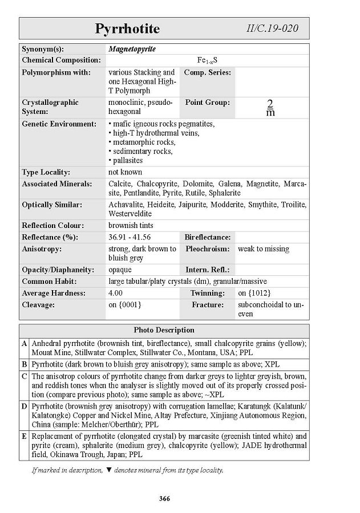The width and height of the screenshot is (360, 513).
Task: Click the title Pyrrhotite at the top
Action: (127, 28)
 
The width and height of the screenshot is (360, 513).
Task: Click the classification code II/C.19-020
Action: (272, 28)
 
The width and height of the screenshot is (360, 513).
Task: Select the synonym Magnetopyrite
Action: (132, 49)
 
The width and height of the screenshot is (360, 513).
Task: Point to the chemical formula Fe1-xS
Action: (207, 60)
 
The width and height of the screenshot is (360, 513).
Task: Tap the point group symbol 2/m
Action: (270, 107)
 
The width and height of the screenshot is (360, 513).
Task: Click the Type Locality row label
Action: (46, 172)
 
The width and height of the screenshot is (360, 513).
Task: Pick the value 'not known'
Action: (126, 172)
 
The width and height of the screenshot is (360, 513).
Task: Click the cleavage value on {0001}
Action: (125, 305)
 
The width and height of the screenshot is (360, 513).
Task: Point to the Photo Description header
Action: (164, 330)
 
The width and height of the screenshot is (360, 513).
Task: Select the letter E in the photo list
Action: (24, 437)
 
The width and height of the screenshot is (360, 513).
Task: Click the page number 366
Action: (164, 499)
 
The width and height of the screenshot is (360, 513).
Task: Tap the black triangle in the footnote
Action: (109, 470)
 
